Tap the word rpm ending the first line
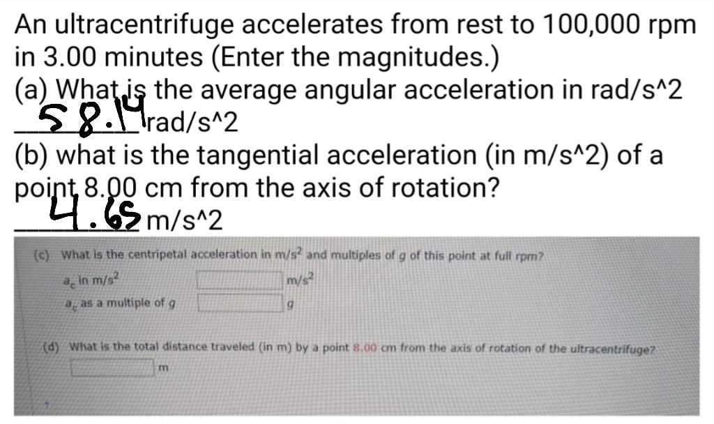tap(671, 26)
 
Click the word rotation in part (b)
tap(444, 188)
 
